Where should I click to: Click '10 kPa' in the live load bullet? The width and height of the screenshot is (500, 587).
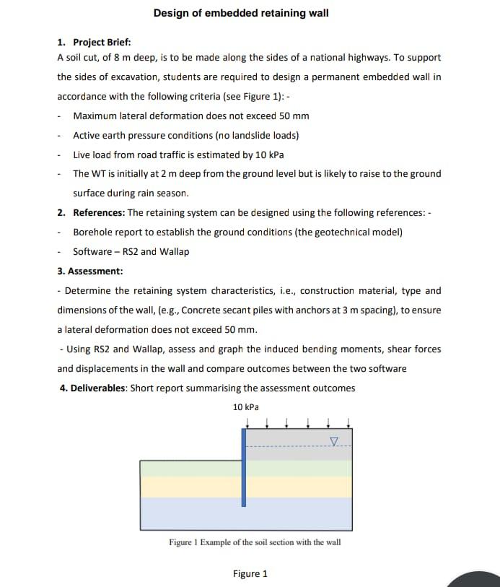click(268, 155)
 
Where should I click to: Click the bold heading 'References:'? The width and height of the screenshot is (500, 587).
click(99, 213)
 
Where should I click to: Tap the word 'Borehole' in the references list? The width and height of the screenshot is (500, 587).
click(92, 232)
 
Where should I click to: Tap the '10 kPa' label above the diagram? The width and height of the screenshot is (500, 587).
click(246, 407)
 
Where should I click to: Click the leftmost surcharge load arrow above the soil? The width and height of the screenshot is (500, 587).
click(248, 422)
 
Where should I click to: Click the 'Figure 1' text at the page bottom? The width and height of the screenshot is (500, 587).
click(250, 574)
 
